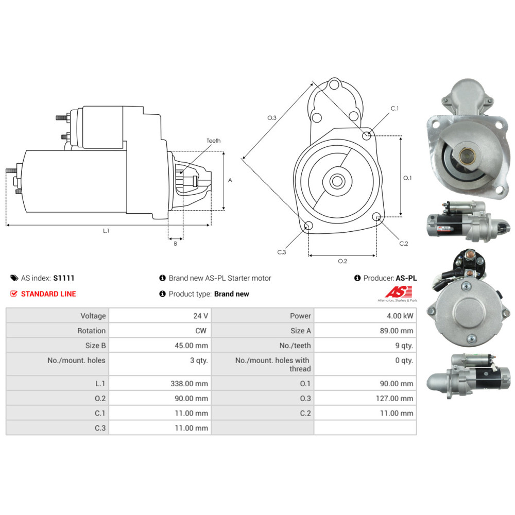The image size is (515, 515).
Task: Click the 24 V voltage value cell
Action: click(x=200, y=316)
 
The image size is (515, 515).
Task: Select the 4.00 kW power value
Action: click(x=400, y=316)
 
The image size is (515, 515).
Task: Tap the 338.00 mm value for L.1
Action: click(x=189, y=383)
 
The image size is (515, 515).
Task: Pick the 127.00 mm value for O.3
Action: click(x=394, y=398)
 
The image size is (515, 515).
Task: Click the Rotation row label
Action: click(x=91, y=331)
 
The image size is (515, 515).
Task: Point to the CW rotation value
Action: click(x=201, y=331)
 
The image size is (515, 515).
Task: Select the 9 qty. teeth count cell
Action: click(x=404, y=345)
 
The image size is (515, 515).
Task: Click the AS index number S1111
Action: click(x=64, y=278)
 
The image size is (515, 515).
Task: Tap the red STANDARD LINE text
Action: click(x=48, y=294)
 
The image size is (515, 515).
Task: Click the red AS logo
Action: click(x=399, y=291)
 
